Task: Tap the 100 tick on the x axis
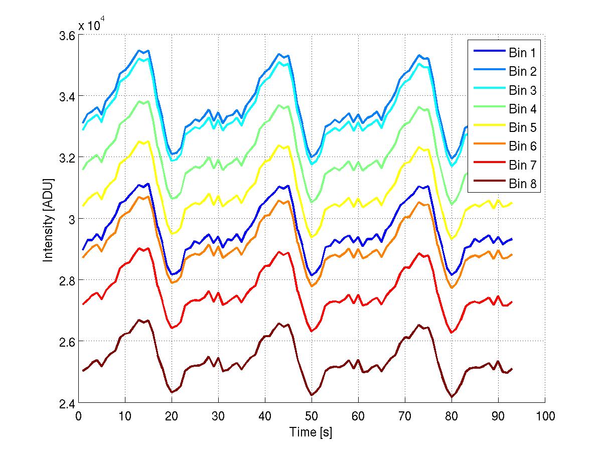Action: tap(544, 416)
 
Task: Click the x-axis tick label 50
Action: tap(312, 416)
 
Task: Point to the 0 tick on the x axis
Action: tap(78, 416)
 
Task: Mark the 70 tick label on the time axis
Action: tap(405, 416)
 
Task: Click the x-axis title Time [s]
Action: tap(311, 432)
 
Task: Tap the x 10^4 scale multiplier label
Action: tap(91, 25)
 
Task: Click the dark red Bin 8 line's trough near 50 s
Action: tap(312, 395)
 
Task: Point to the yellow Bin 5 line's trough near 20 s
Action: tap(172, 234)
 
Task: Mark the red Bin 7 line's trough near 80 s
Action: tap(452, 333)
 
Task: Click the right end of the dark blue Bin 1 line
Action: tap(512, 239)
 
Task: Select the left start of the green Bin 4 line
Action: tap(83, 169)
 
